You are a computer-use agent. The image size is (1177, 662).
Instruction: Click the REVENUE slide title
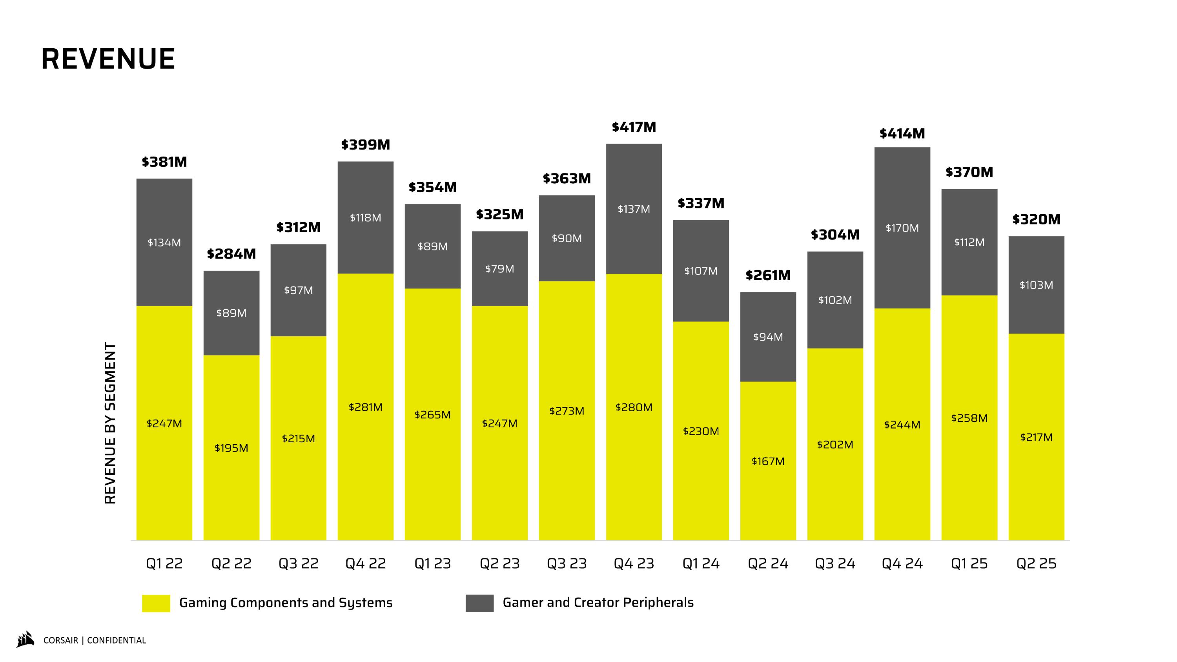click(x=108, y=59)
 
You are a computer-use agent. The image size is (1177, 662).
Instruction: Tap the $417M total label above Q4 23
click(x=634, y=127)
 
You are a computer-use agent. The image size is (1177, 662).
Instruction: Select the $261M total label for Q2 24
click(x=768, y=275)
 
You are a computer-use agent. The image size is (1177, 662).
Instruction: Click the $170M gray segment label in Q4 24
click(x=902, y=228)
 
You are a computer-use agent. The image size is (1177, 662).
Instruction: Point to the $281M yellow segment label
click(x=365, y=407)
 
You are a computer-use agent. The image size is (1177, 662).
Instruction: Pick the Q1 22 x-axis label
click(x=164, y=564)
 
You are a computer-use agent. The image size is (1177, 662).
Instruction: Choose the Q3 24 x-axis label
click(x=835, y=564)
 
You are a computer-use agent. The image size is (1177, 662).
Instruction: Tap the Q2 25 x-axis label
click(x=1036, y=564)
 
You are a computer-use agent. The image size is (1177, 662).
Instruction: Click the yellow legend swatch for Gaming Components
click(x=156, y=603)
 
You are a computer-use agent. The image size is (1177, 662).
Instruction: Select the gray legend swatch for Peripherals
click(x=479, y=603)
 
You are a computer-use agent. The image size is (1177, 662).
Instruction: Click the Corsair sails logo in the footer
click(x=26, y=640)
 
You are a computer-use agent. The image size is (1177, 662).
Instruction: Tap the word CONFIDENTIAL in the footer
click(x=117, y=640)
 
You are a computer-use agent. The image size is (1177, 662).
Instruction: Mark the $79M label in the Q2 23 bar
click(x=499, y=269)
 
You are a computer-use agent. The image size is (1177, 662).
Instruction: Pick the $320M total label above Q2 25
click(x=1036, y=219)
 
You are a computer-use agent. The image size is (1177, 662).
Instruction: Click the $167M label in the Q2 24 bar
click(x=768, y=461)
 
